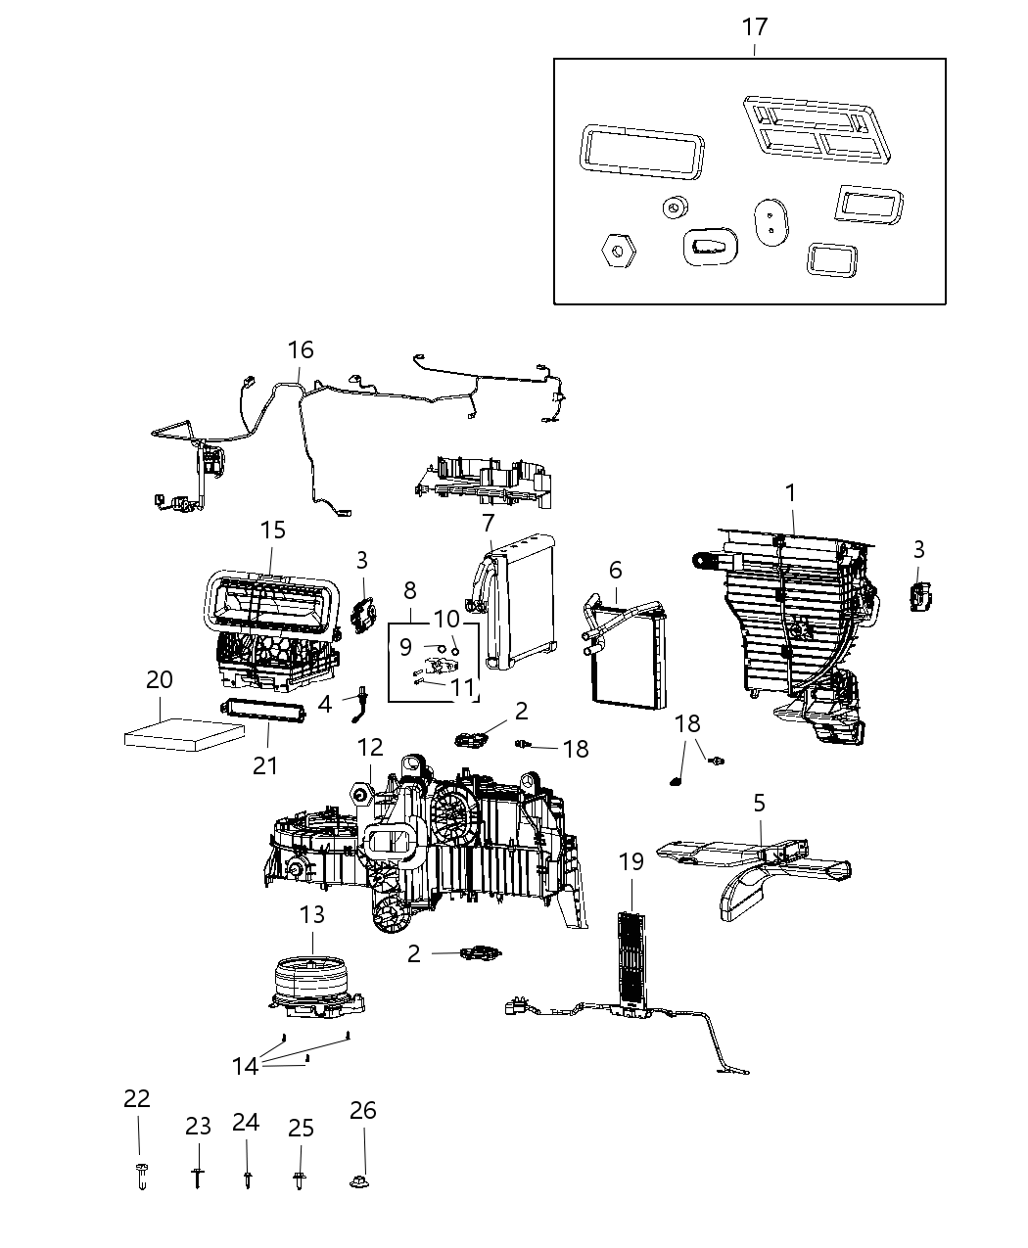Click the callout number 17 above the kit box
coord(754,26)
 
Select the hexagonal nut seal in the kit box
coord(617,251)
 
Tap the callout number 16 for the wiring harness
coord(301,349)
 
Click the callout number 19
coord(631,861)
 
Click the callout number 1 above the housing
coord(790,492)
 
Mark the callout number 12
coord(370,748)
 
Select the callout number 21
coord(265,764)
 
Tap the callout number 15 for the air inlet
coord(273,530)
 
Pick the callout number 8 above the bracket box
coord(409,590)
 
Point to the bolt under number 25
coord(298,1180)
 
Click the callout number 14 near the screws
coord(245,1064)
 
